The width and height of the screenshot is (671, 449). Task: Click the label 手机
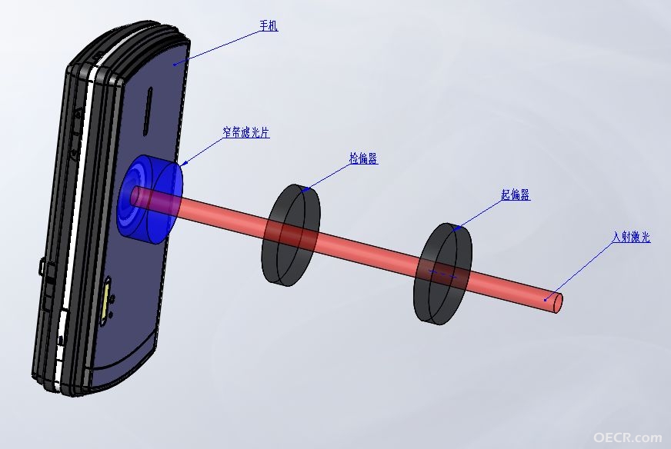(x=269, y=25)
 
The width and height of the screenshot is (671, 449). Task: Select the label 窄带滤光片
(x=246, y=132)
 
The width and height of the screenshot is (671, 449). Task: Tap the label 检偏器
(x=363, y=158)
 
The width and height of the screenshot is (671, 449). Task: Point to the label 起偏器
(x=516, y=195)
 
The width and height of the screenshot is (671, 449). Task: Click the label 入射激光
(x=631, y=237)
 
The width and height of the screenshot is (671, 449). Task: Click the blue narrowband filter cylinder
(x=150, y=200)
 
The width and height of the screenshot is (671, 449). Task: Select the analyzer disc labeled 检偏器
(x=291, y=234)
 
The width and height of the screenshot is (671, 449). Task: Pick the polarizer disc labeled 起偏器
(x=442, y=273)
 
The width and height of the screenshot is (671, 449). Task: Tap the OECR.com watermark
(x=627, y=437)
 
